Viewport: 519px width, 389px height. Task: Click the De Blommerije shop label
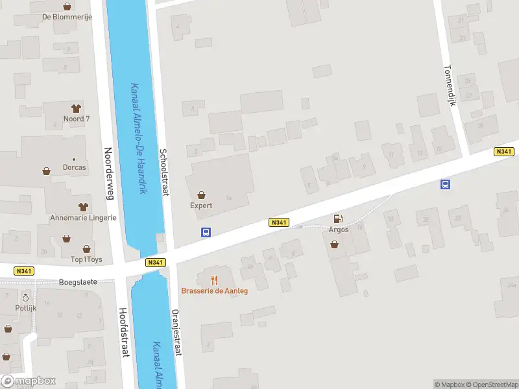(x=67, y=17)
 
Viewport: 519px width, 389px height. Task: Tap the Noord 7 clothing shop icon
(x=76, y=108)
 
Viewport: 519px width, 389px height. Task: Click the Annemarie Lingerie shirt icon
(x=83, y=207)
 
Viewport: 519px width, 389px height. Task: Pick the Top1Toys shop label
(x=86, y=259)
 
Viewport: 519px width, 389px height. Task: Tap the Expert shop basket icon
(x=201, y=194)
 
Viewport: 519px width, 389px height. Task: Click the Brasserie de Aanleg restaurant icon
(x=214, y=280)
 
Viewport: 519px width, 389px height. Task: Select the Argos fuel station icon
(x=337, y=219)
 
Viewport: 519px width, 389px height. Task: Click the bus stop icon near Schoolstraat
(x=206, y=232)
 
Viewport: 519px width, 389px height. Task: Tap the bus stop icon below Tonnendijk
(x=446, y=184)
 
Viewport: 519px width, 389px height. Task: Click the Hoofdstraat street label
(x=123, y=332)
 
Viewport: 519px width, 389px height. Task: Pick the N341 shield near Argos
(x=278, y=222)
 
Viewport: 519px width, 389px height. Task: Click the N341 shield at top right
(x=503, y=151)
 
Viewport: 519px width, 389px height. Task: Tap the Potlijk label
(x=26, y=309)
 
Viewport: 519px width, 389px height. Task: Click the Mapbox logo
(x=29, y=381)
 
